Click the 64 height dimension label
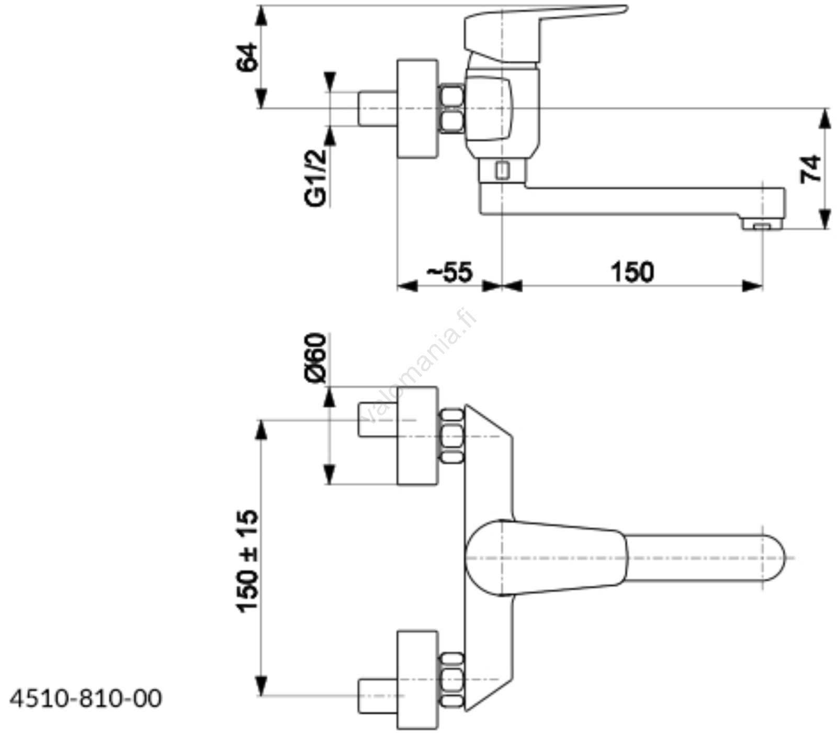tap(247, 57)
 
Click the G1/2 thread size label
tap(316, 177)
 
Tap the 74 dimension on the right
tap(810, 169)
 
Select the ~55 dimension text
tap(449, 272)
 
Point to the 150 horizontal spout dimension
tap(632, 272)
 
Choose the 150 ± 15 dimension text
tap(247, 560)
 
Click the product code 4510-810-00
tap(86, 698)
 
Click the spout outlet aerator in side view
tap(762, 225)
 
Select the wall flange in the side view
tap(417, 108)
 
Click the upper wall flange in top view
tap(417, 436)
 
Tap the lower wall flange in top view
tap(417, 679)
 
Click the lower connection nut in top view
tap(452, 679)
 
